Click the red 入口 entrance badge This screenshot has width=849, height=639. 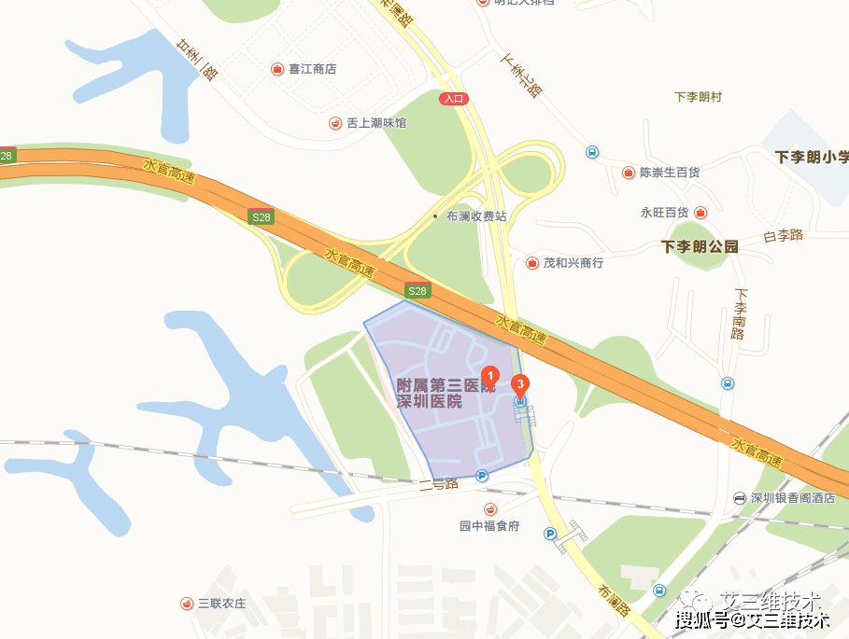point(454,98)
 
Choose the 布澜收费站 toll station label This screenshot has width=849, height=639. point(475,215)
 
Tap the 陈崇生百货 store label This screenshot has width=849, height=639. point(669,173)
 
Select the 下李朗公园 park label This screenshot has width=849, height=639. point(700,247)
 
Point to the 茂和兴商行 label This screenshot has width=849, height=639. point(573,263)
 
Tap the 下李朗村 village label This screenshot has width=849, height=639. point(698,97)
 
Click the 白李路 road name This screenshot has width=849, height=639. point(783,235)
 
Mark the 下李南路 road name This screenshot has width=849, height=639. point(739,313)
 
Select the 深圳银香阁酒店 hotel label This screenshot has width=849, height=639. point(793,498)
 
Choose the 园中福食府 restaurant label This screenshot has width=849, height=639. point(489,525)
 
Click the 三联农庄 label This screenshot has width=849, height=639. point(221,604)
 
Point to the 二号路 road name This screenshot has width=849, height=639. point(438,484)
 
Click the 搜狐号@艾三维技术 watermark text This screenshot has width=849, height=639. point(753,619)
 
